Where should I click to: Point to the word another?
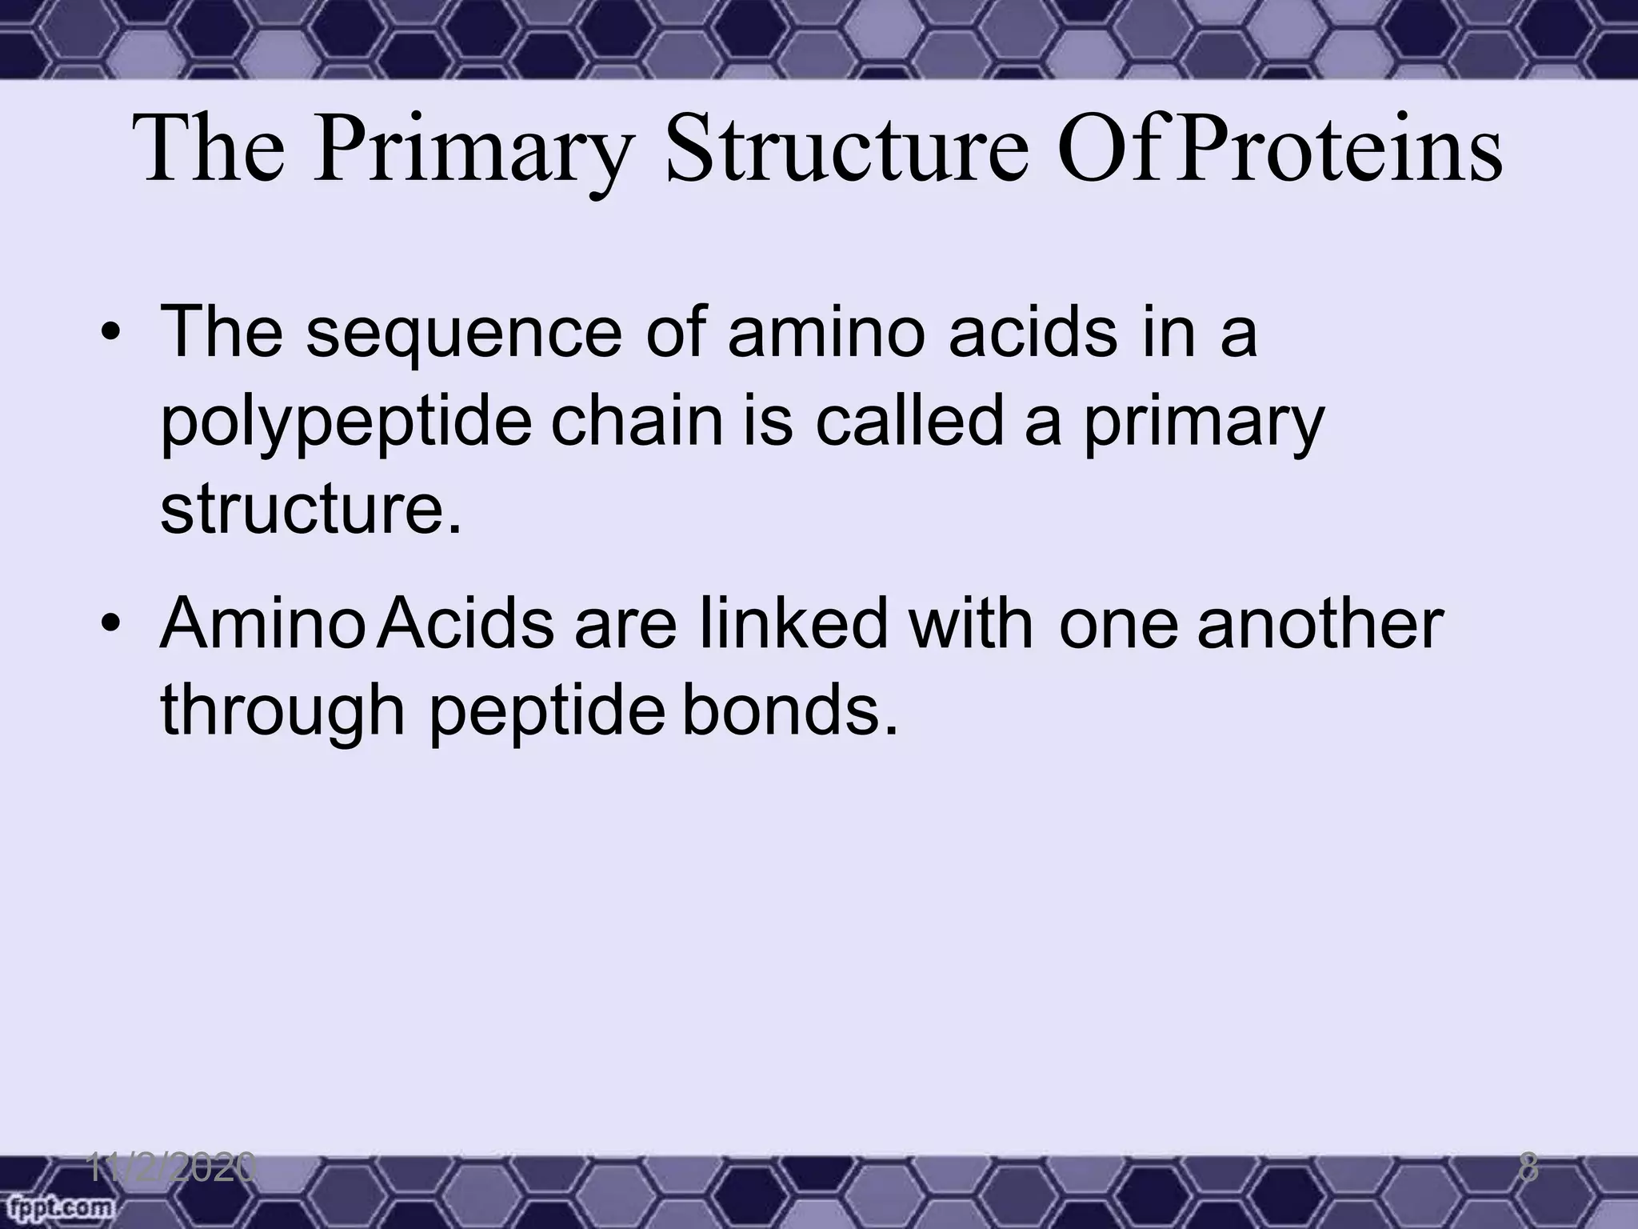(x=1320, y=623)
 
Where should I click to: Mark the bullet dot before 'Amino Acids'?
(x=111, y=624)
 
